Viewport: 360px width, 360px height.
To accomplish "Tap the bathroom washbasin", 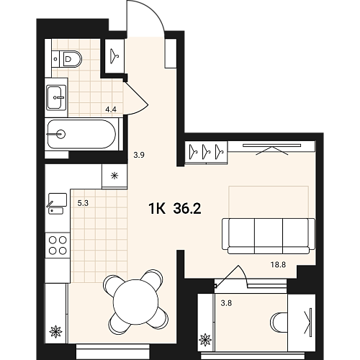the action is point(56,97).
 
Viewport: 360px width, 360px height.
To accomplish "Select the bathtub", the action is point(81,134).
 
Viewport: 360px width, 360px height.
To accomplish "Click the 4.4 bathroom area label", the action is point(111,109).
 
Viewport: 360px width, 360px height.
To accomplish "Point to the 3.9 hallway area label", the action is point(139,155).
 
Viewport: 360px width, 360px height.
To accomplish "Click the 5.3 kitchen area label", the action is point(83,203).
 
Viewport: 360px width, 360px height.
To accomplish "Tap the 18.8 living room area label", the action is point(278,265).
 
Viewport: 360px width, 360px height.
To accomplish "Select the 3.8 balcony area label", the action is point(226,303).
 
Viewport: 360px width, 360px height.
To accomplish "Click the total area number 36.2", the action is point(187,208).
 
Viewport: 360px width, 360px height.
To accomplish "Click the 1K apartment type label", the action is point(157,208).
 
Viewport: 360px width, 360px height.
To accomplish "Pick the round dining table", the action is point(135,302).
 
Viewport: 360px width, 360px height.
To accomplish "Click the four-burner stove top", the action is point(58,246).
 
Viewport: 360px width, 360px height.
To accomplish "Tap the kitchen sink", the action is point(58,204).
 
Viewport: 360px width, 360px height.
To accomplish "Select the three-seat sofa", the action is point(269,236).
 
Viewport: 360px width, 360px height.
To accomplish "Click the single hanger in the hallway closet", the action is point(114,56).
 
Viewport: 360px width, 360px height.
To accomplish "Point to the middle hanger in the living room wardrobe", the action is point(206,151).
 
